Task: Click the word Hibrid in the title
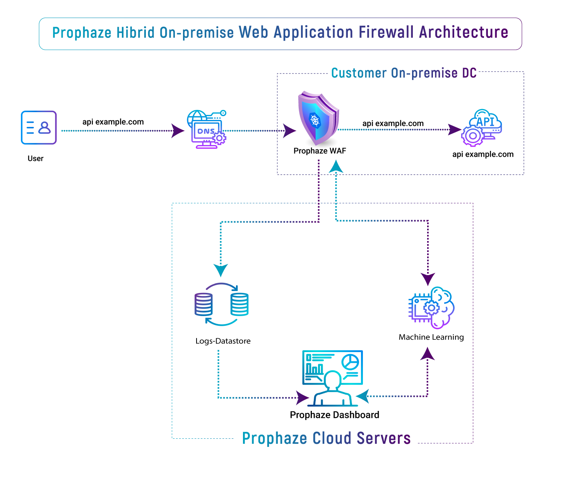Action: click(135, 33)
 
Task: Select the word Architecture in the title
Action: click(464, 33)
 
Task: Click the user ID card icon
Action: click(39, 128)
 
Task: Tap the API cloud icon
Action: click(482, 127)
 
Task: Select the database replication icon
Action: click(221, 305)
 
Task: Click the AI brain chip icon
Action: click(431, 308)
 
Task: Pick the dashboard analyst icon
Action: click(332, 378)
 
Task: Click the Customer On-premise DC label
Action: click(404, 73)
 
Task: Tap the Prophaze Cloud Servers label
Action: click(326, 438)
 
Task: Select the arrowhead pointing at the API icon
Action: click(454, 130)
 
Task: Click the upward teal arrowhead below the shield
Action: click(336, 166)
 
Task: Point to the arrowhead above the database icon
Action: click(221, 270)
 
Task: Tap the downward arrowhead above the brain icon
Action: click(428, 279)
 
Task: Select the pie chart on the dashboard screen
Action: click(351, 362)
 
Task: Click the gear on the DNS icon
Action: click(219, 138)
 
